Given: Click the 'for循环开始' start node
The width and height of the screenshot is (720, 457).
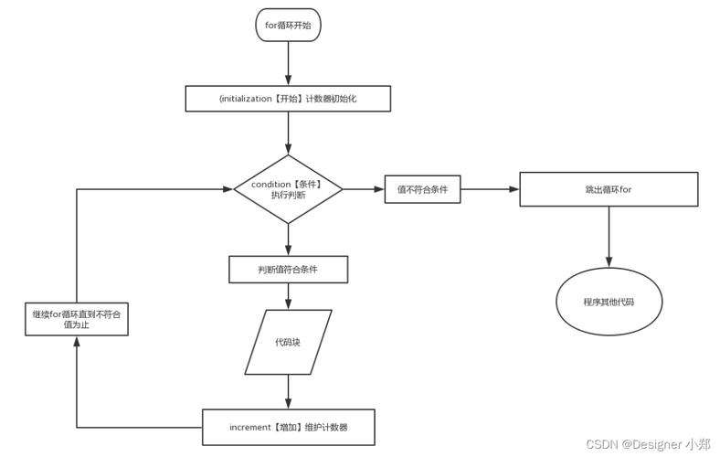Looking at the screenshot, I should (288, 25).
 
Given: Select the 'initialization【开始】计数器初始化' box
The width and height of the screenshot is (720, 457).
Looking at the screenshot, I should (288, 98).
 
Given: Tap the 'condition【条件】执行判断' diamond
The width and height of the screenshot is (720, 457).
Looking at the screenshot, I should (288, 189).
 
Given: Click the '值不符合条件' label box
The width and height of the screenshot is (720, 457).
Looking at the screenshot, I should (421, 189).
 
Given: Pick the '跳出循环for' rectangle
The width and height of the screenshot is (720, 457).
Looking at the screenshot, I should (609, 189).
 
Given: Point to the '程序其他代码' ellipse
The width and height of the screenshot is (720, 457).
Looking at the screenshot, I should (609, 301).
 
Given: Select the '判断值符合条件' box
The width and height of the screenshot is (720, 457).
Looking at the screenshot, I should (288, 269).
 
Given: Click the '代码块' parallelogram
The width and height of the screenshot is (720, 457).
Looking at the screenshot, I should (288, 342).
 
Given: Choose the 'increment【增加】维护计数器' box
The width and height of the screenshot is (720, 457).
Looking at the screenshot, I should (288, 427).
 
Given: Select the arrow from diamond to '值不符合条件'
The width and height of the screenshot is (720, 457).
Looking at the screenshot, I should (364, 189).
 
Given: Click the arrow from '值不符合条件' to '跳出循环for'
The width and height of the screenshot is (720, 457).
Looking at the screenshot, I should (489, 189).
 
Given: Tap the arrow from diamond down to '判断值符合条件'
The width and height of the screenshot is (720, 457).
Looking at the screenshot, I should (288, 239).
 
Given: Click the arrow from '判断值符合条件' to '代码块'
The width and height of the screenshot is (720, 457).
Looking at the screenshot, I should (288, 296).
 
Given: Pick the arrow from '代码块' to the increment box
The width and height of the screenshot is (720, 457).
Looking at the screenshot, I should (288, 391).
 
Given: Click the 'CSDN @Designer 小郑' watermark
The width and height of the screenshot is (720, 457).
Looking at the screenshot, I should (650, 444).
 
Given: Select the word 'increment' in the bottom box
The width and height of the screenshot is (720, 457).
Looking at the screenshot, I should (252, 427).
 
